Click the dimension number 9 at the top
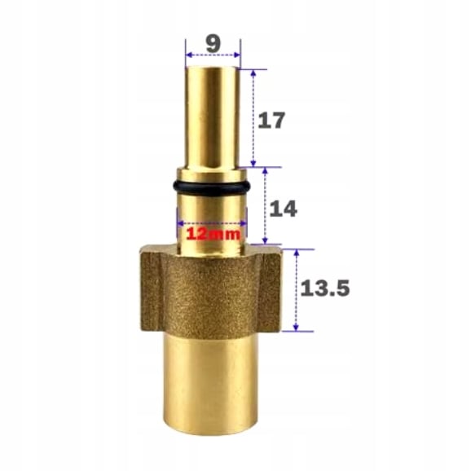(x=213, y=45)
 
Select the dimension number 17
(x=271, y=121)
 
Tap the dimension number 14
(x=283, y=209)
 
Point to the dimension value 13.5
(x=325, y=288)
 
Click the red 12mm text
(x=213, y=234)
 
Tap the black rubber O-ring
(x=212, y=187)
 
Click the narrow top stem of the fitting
(x=212, y=117)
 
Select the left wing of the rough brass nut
(x=151, y=289)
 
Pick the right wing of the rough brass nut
(x=270, y=289)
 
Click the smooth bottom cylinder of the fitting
(x=210, y=385)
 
